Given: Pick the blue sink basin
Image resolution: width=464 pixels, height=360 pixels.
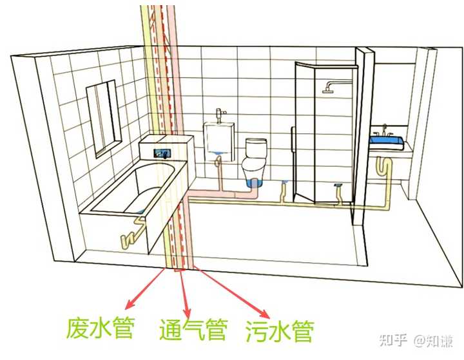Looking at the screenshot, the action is click(386, 141).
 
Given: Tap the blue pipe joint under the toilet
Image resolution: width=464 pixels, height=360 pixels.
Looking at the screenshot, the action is click(255, 185).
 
